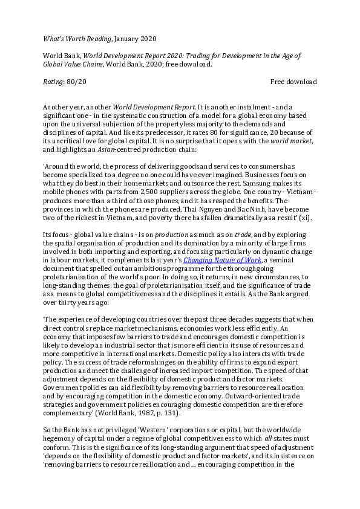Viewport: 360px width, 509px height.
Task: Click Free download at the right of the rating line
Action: [293, 82]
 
